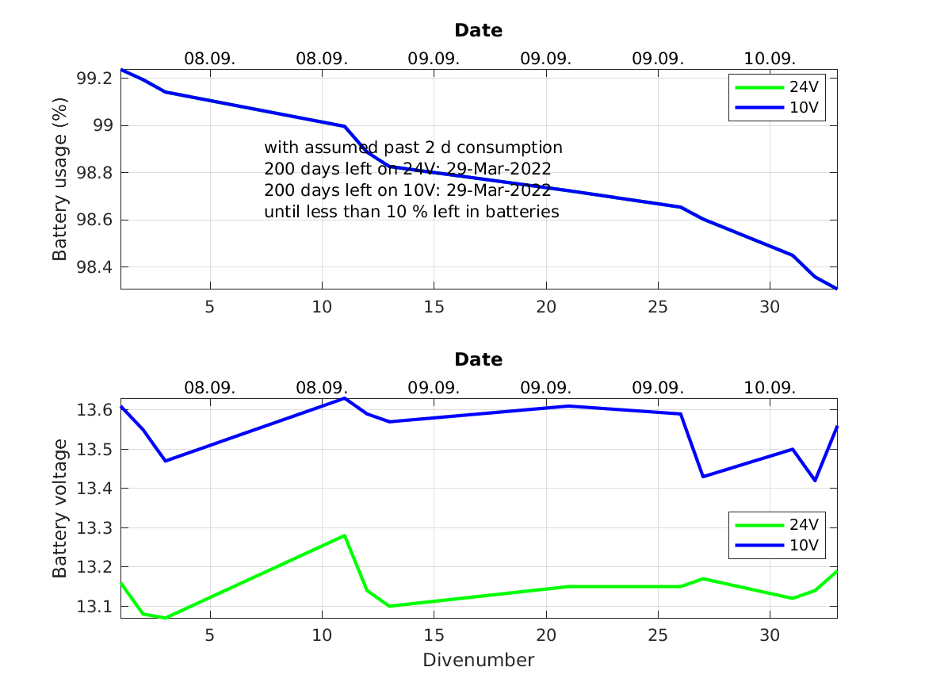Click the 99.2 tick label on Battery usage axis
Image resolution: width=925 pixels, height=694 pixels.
click(94, 79)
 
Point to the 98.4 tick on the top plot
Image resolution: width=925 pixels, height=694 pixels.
click(94, 267)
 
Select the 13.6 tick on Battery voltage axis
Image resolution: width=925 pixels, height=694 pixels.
click(94, 410)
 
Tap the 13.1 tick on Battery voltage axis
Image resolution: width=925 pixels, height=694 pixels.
click(94, 607)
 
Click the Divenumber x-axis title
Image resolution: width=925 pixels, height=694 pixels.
click(478, 660)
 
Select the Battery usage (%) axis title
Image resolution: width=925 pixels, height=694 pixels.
click(59, 179)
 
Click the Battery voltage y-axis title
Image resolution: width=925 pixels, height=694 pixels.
click(59, 508)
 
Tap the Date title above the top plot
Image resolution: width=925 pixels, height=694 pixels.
click(478, 31)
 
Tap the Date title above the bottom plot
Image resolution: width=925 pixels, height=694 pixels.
click(478, 360)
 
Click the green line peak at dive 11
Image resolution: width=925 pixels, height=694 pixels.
click(344, 535)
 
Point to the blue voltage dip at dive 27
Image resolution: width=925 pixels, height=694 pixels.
click(703, 476)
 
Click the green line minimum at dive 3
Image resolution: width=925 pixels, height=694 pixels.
click(165, 618)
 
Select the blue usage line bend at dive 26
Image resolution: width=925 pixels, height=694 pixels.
click(680, 207)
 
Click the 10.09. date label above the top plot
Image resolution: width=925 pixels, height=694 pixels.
click(769, 59)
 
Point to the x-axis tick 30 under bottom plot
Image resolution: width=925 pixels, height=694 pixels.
click(770, 635)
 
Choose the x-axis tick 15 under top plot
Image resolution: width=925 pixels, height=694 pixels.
click(434, 306)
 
